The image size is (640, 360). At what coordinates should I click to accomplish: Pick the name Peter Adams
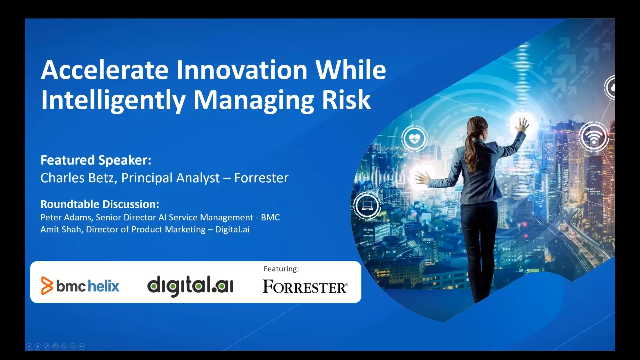(x=67, y=217)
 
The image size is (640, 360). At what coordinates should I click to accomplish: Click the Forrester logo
(x=305, y=287)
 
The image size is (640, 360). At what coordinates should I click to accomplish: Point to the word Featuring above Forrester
(x=281, y=269)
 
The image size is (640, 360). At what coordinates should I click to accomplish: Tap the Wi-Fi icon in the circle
(x=594, y=135)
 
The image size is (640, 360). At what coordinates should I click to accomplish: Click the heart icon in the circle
(x=413, y=138)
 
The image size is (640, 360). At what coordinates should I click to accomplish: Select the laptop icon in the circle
(x=367, y=207)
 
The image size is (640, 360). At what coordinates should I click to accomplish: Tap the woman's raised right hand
(x=519, y=124)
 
